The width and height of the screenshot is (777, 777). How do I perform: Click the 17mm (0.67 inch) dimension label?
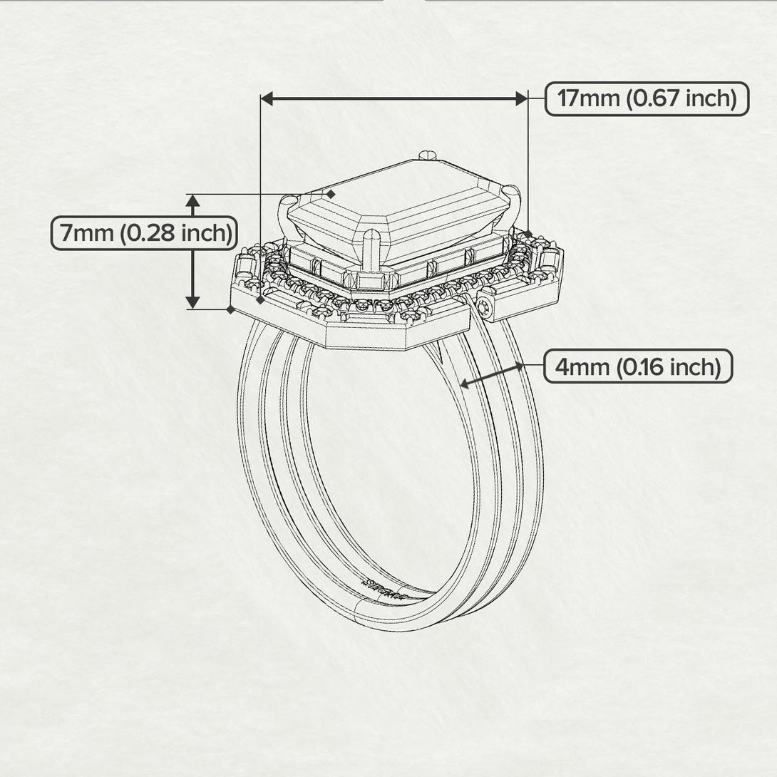647,99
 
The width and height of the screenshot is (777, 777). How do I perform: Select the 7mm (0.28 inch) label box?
145,233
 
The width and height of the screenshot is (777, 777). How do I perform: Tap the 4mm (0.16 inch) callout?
638,366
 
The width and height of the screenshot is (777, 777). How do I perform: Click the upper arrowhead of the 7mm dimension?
192,201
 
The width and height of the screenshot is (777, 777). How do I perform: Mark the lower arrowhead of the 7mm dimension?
192,302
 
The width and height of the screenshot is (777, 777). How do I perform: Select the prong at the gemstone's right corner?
513,203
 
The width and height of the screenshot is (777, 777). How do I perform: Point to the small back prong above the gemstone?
427,155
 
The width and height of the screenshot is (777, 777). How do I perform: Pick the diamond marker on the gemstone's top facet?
331,194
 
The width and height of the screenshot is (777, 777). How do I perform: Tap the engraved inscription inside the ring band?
385,589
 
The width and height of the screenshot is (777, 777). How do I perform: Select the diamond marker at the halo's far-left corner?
230,309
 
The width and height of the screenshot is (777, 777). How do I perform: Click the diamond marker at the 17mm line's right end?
528,234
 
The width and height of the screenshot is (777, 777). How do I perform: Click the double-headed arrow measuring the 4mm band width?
492,375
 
